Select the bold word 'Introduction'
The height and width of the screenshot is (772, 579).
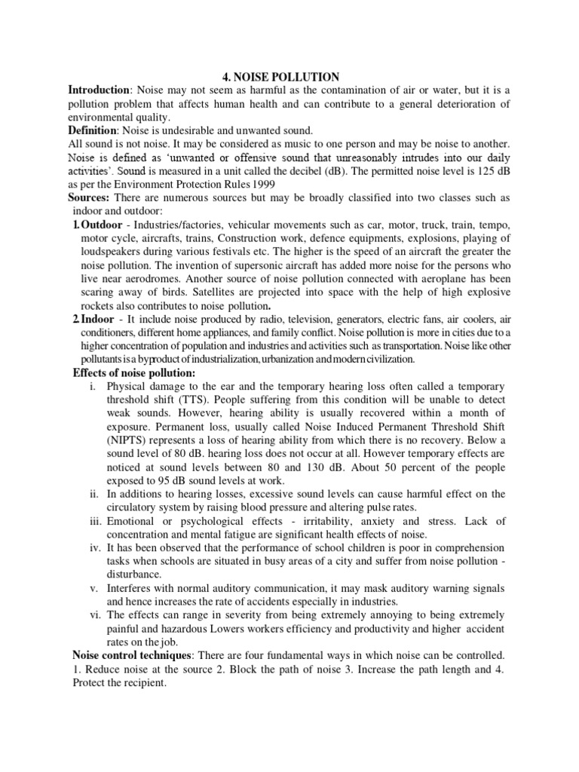pos(99,90)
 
